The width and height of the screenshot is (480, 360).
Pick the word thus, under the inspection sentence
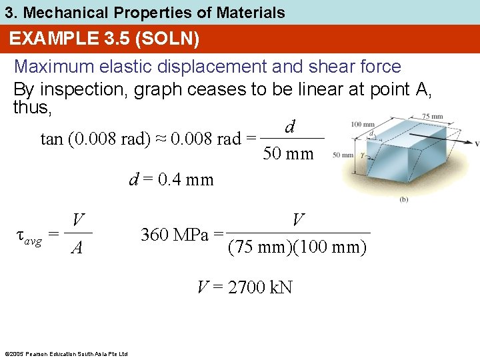click(x=33, y=107)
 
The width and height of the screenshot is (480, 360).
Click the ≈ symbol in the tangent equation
click(x=160, y=139)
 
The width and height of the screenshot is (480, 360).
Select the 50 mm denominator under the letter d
click(x=289, y=154)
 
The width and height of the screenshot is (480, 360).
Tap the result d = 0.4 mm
click(x=171, y=179)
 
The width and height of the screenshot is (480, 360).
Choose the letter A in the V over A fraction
click(x=78, y=249)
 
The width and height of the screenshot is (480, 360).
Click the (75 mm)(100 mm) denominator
click(x=297, y=247)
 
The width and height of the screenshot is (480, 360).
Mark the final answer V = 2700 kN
click(x=245, y=287)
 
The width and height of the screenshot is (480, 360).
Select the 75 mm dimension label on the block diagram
click(x=433, y=117)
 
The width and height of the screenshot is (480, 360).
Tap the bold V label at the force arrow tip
click(x=476, y=143)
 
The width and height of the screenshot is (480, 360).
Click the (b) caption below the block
click(x=404, y=199)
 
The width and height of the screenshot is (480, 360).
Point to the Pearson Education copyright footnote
click(x=65, y=353)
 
